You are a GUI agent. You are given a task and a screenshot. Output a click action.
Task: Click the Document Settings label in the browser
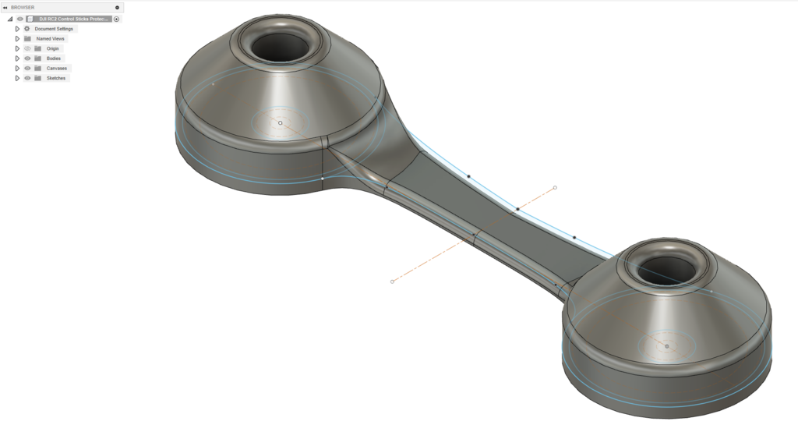point(54,29)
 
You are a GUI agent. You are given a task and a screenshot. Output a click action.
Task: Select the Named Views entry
point(51,39)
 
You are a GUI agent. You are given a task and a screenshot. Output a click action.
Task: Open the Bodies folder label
point(54,58)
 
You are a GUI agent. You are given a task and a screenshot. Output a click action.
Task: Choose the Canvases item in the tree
point(56,69)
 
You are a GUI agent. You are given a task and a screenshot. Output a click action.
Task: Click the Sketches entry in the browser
point(56,79)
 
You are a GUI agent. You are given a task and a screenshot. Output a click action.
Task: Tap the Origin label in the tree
point(53,49)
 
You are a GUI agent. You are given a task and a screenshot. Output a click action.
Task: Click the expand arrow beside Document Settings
point(17,29)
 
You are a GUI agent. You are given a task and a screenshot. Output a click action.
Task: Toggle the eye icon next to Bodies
point(27,58)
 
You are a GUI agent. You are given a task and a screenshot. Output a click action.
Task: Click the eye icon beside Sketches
point(27,79)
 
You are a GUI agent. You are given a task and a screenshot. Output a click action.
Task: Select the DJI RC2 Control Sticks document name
point(74,19)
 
